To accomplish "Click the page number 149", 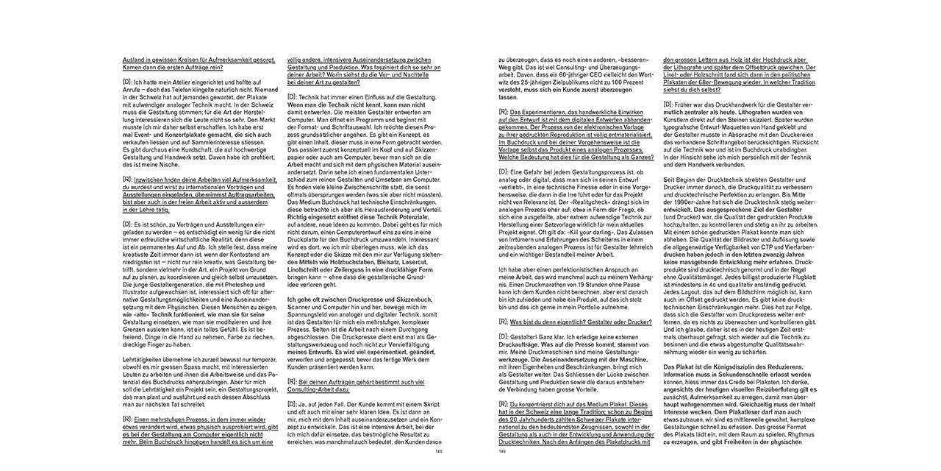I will pos(503,453).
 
